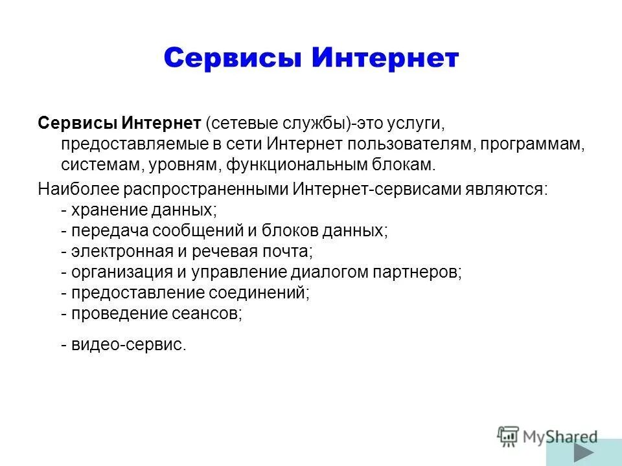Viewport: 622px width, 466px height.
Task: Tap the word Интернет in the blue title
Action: coord(385,58)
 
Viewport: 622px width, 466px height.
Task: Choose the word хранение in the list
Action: coord(106,210)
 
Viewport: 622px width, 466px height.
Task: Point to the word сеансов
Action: coord(208,313)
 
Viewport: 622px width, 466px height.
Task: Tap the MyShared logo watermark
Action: coord(547,436)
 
